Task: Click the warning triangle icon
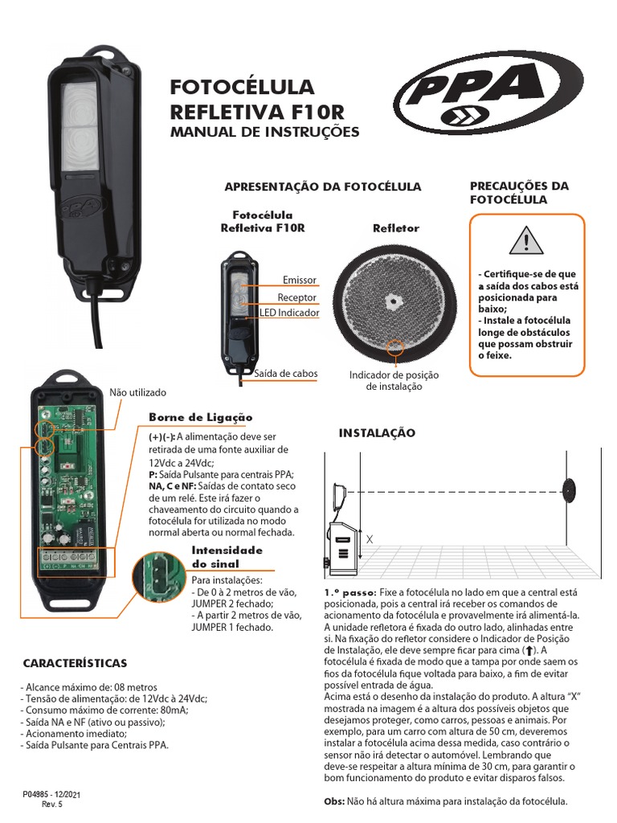point(526,241)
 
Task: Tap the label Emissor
point(300,280)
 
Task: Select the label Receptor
point(296,297)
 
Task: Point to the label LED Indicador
point(289,313)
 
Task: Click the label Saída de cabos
point(286,374)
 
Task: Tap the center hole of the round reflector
point(391,301)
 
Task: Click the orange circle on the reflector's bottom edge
point(394,347)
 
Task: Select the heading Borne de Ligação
point(200,418)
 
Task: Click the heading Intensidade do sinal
point(227,557)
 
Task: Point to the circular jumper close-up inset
point(157,575)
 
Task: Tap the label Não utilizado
point(137,392)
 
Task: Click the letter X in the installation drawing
point(370,539)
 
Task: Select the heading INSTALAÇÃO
point(377,433)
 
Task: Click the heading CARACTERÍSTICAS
point(75,663)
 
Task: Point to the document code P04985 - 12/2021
point(51,795)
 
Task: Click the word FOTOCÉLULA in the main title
point(242,87)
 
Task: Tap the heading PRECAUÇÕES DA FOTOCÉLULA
point(519,193)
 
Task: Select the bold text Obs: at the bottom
point(334,801)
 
